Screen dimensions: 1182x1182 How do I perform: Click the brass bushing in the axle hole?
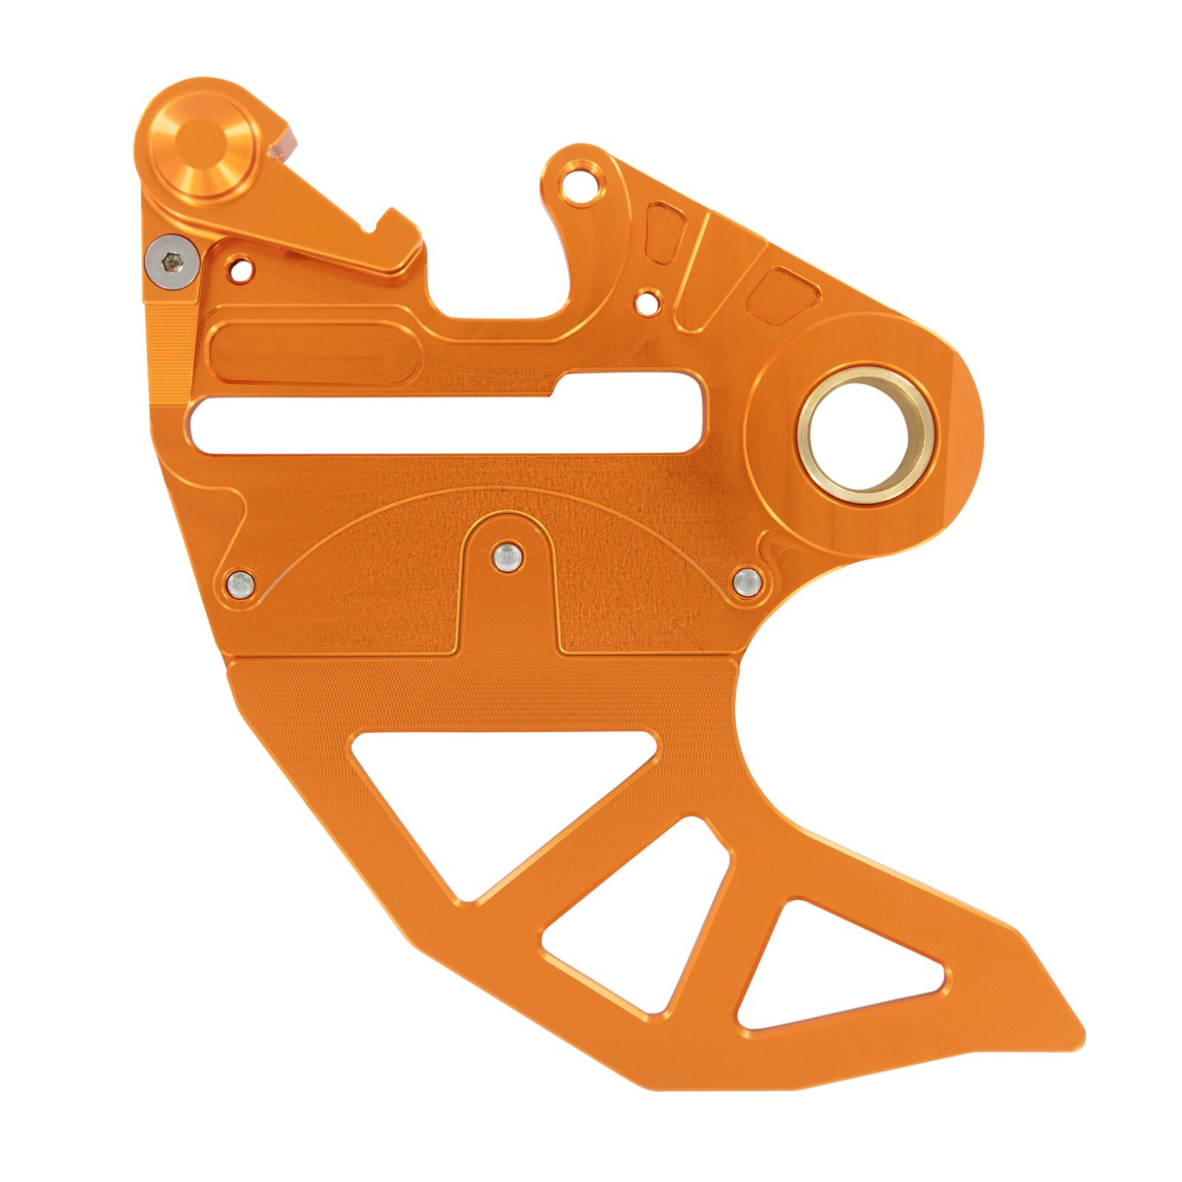click(866, 435)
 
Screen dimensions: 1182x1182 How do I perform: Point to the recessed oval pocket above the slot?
click(314, 353)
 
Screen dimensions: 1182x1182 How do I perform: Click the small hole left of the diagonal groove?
click(648, 301)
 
